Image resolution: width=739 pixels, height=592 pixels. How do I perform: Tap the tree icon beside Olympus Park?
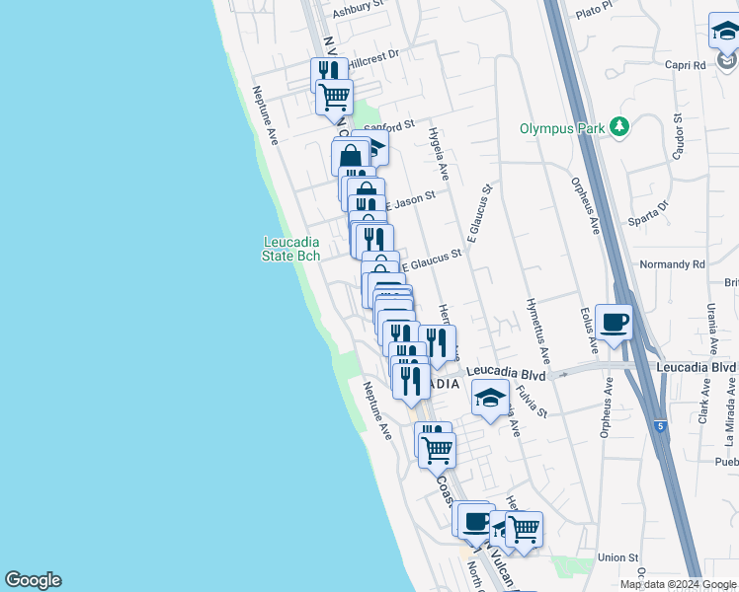[x=619, y=126]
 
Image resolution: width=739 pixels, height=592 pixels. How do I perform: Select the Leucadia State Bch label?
[x=291, y=249]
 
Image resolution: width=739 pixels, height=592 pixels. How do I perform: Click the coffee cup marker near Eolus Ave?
[x=614, y=322]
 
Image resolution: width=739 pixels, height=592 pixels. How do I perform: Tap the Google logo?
[x=33, y=580]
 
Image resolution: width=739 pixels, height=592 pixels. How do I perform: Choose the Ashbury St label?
[x=357, y=11]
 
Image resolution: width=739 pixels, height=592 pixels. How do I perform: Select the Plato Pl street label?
[x=595, y=11]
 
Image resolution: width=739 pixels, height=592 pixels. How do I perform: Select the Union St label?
[x=617, y=558]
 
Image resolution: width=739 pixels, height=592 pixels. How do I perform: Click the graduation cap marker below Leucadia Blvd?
[x=490, y=398]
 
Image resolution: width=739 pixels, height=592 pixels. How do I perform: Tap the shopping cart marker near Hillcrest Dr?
[x=335, y=98]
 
